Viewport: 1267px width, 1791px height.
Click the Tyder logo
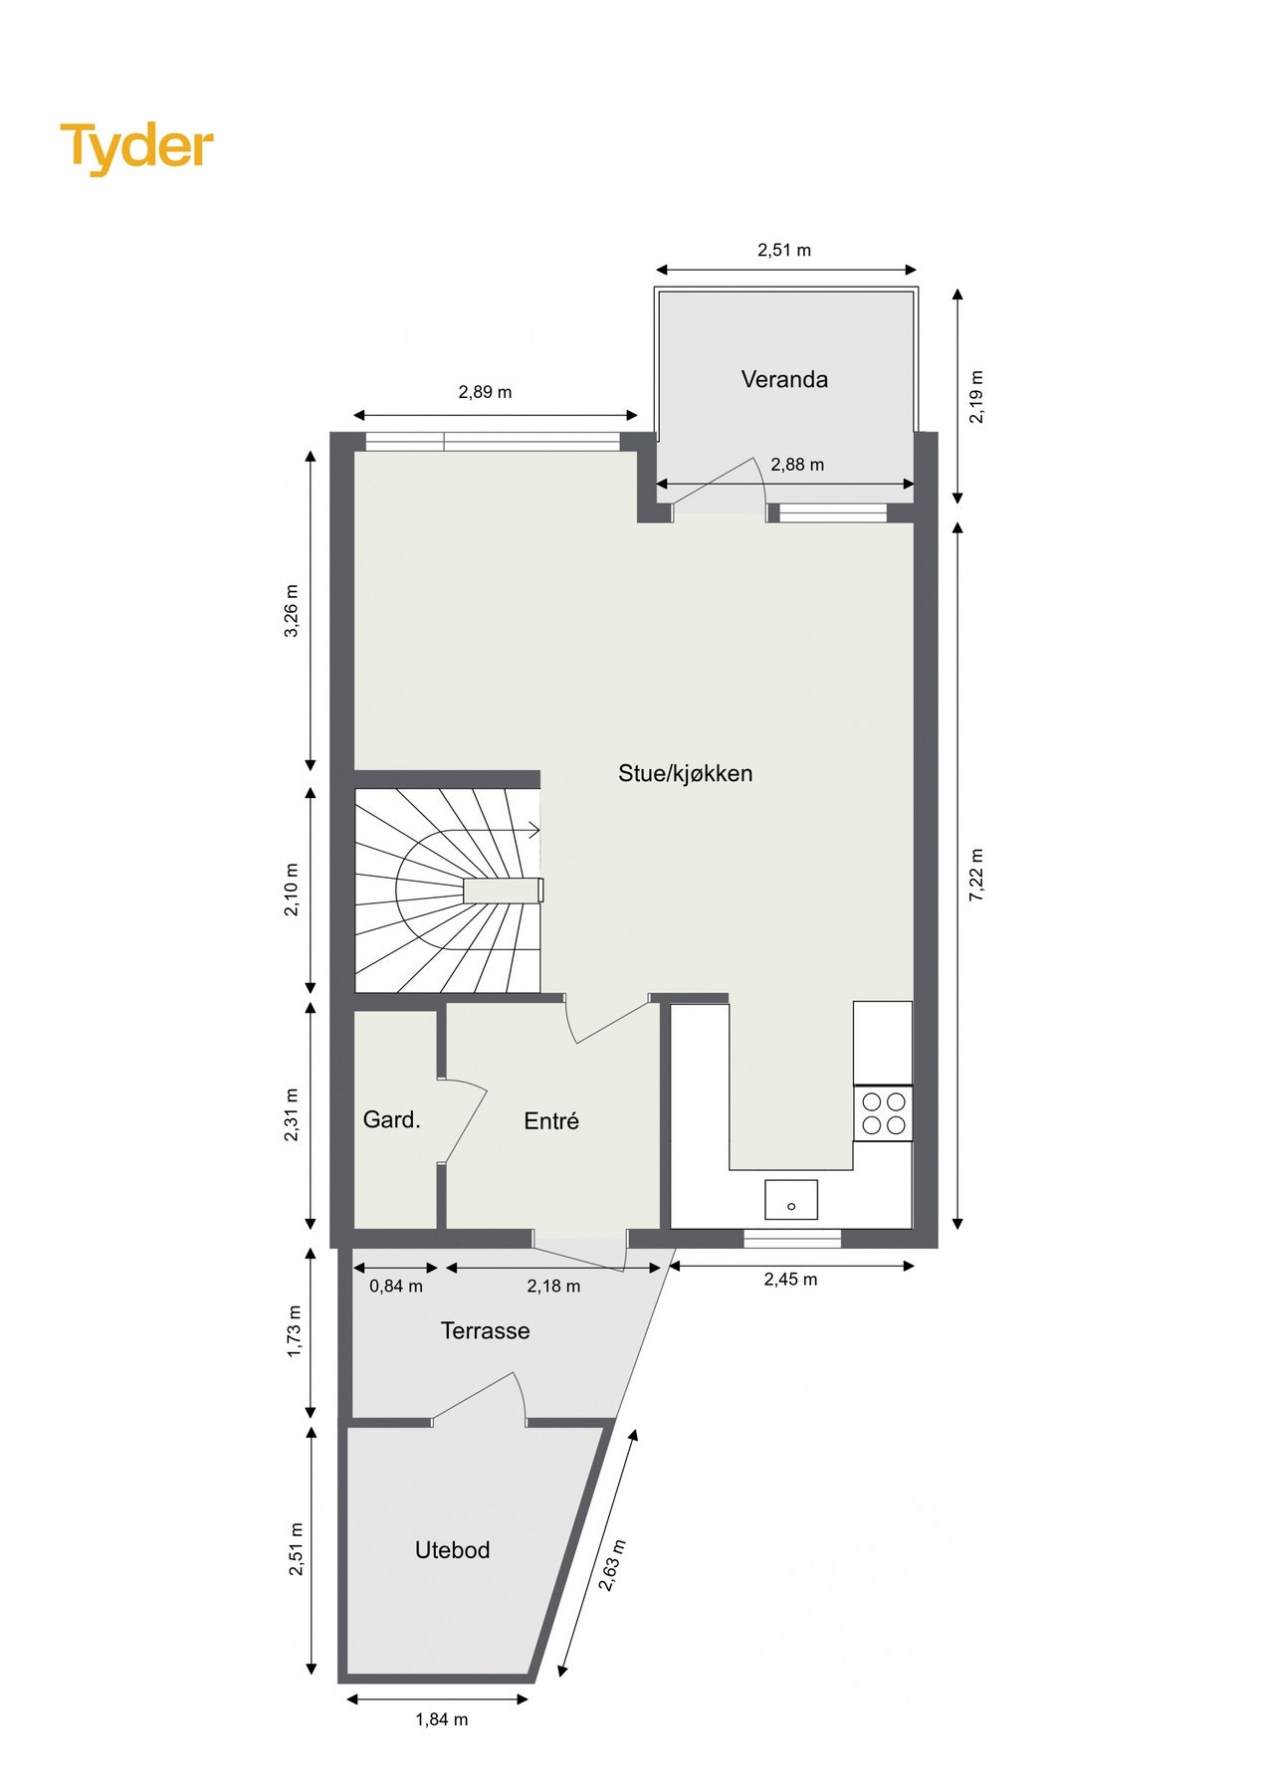point(136,147)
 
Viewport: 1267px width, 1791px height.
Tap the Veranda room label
point(784,379)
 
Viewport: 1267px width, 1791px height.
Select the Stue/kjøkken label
point(685,773)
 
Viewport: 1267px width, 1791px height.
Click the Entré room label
point(551,1121)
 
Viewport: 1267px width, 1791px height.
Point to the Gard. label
point(391,1120)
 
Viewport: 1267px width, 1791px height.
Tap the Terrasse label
point(485,1331)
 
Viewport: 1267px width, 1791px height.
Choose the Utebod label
point(452,1550)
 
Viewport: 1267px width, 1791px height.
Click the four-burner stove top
point(883,1113)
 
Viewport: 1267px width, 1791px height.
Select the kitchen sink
point(791,1200)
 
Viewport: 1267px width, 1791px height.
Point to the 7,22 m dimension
point(976,876)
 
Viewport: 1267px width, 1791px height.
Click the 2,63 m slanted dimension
point(612,1565)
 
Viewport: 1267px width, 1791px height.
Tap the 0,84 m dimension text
point(396,1287)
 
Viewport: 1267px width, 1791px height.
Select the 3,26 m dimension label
point(292,611)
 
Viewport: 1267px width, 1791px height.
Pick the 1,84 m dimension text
point(442,1719)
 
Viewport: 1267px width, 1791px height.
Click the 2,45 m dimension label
point(790,1280)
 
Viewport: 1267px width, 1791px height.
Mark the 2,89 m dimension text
point(485,392)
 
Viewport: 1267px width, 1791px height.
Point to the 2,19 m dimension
point(976,397)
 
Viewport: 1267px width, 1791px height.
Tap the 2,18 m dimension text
point(553,1287)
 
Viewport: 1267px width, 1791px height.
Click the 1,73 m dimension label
point(295,1331)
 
